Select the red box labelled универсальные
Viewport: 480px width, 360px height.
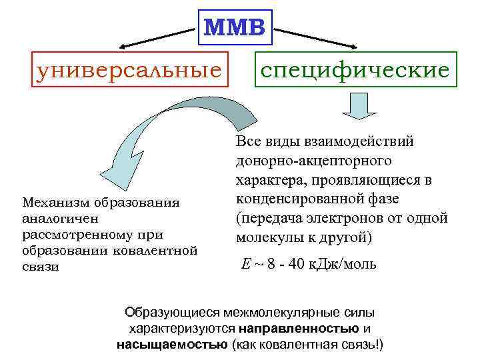pos(129,69)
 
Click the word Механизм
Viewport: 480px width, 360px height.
pos(53,201)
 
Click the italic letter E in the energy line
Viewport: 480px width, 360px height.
pos(245,264)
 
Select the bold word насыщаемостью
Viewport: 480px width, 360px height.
pos(171,345)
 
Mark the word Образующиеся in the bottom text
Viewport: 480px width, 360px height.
pos(172,312)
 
